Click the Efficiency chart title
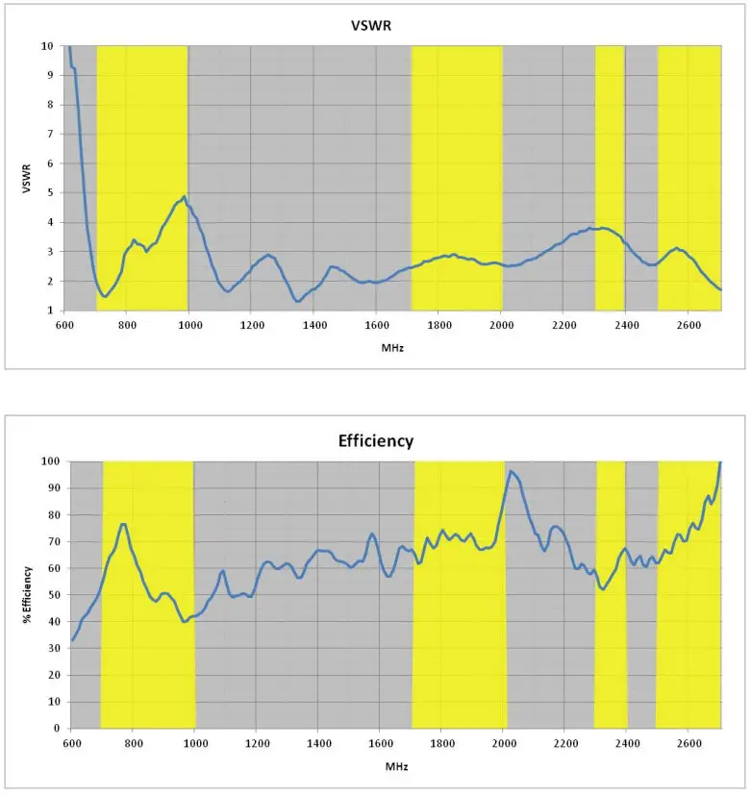(375, 441)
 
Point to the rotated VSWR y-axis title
(29, 178)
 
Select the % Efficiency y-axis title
(29, 593)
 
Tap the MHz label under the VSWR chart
(392, 347)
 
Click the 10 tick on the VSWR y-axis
(47, 45)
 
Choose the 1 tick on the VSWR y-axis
(50, 311)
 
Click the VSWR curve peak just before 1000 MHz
(184, 197)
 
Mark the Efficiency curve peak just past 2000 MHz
(511, 471)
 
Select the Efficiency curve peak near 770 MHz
(123, 524)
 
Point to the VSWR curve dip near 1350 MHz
(298, 301)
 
